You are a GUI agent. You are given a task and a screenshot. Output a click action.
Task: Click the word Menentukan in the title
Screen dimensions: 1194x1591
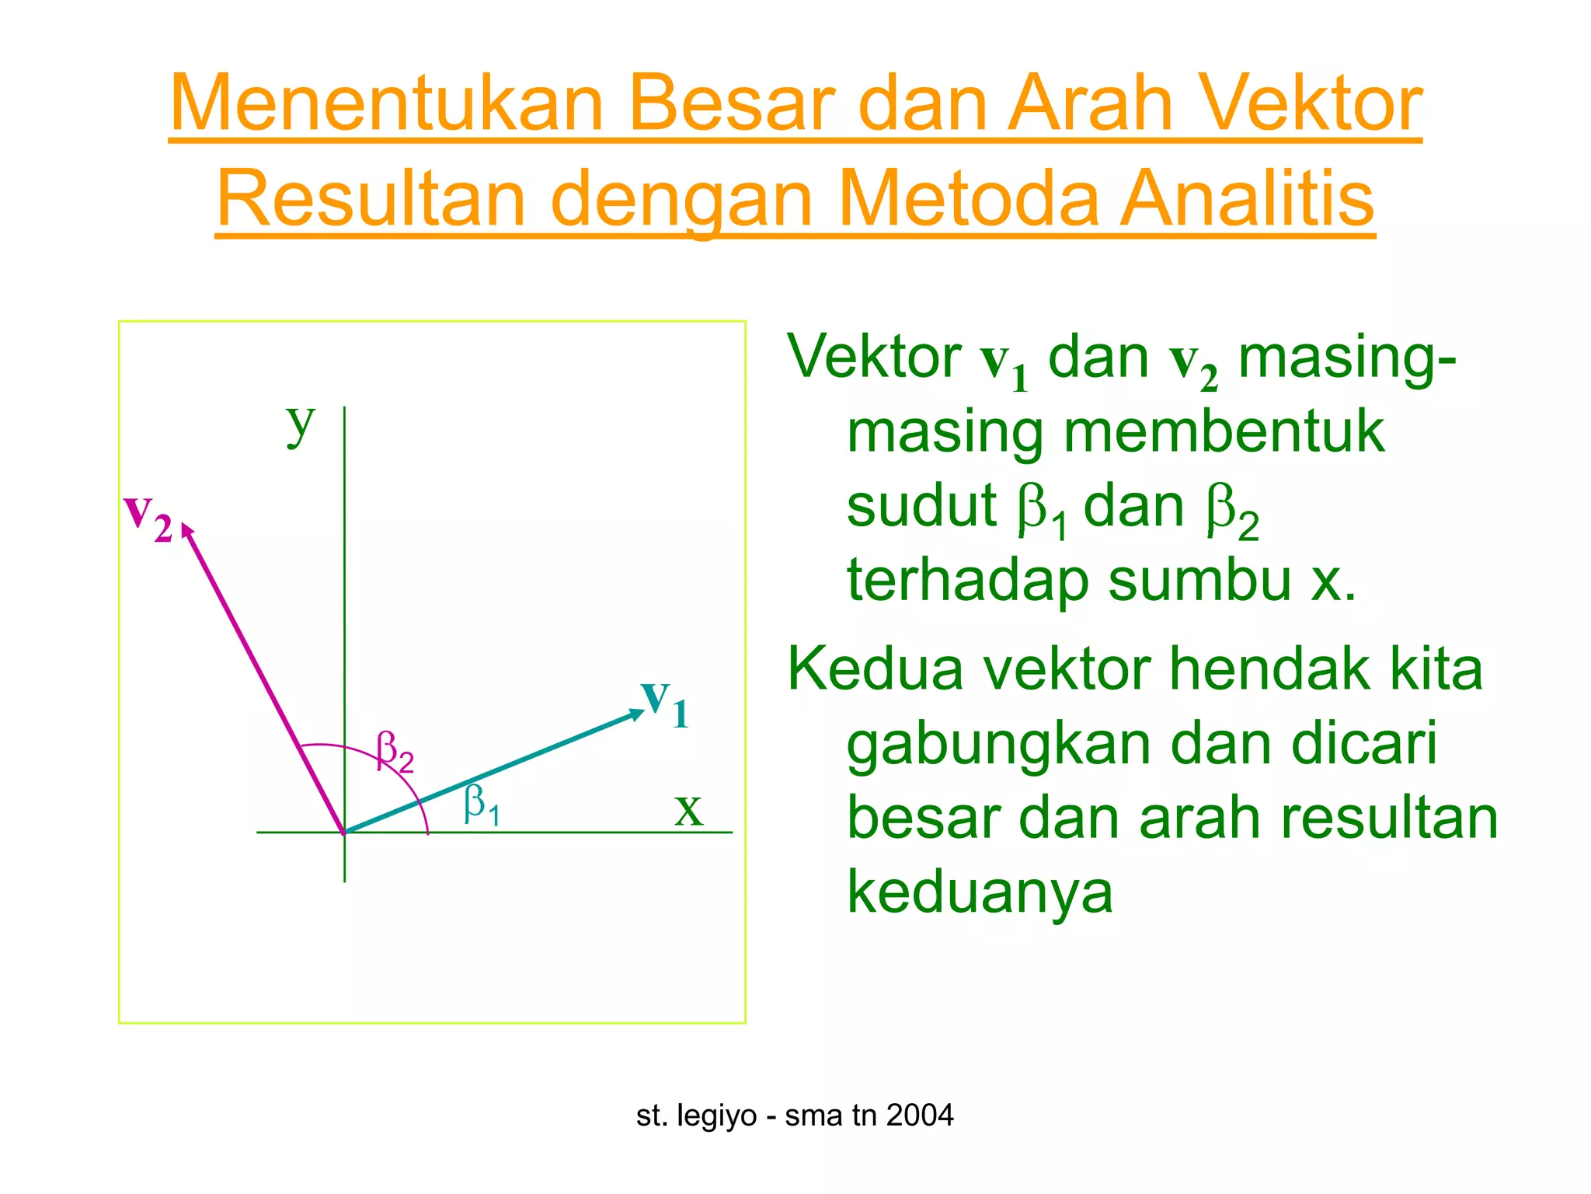point(386,103)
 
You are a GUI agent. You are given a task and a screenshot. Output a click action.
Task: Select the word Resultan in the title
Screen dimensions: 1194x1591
point(371,200)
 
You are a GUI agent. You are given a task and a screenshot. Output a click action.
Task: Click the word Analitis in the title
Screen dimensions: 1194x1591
point(1246,200)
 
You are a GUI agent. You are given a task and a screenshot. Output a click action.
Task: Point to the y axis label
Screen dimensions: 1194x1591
point(300,424)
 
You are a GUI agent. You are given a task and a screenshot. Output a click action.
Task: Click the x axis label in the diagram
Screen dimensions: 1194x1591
point(688,810)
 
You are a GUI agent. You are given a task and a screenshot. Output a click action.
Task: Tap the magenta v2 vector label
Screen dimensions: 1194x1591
point(148,516)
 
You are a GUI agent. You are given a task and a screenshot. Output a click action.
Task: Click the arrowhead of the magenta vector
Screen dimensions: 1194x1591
point(187,530)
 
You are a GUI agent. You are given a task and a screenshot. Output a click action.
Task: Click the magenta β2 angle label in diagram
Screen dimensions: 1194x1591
point(395,752)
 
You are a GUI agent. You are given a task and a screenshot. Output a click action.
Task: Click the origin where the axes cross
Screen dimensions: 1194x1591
point(344,833)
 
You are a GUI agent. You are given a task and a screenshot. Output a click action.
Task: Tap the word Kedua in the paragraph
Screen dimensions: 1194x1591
point(875,669)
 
